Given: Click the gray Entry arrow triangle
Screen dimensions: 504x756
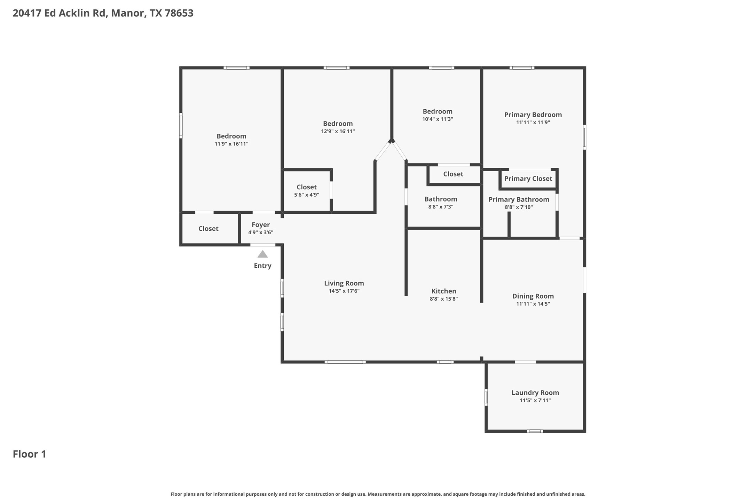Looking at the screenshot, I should pos(262,254).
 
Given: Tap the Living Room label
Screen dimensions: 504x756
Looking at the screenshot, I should pos(344,283).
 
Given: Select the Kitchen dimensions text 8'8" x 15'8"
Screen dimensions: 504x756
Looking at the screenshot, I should pos(443,299).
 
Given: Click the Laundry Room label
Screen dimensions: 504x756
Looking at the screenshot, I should pos(535,393).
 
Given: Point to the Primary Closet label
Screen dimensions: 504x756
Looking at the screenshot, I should pos(528,179).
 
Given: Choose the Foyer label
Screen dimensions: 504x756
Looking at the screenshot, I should pos(261,225).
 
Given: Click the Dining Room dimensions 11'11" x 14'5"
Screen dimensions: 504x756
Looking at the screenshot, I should pos(533,304).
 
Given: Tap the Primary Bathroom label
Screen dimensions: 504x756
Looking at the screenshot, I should pos(519,199).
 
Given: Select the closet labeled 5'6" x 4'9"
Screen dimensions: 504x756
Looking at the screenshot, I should pos(306,190).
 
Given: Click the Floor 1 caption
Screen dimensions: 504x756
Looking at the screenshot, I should pos(30,454).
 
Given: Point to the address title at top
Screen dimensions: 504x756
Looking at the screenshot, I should pos(103,13).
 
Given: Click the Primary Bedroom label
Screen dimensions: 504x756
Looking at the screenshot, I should pos(533,115).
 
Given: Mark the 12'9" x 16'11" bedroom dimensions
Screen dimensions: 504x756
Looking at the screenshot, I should pos(338,131).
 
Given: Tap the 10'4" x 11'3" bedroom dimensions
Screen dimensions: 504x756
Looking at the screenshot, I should pos(437,119).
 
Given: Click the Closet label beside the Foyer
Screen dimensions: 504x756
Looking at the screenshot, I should pos(208,229).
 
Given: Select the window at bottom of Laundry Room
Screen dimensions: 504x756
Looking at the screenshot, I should pos(535,431).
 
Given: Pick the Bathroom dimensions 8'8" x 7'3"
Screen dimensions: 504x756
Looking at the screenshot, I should pos(440,207).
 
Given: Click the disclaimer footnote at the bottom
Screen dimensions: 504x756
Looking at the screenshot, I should pos(378,494).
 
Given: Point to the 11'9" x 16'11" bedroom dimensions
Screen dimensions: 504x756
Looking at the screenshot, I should pos(231,144).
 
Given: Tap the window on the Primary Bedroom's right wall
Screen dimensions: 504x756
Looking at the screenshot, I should pos(584,137).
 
